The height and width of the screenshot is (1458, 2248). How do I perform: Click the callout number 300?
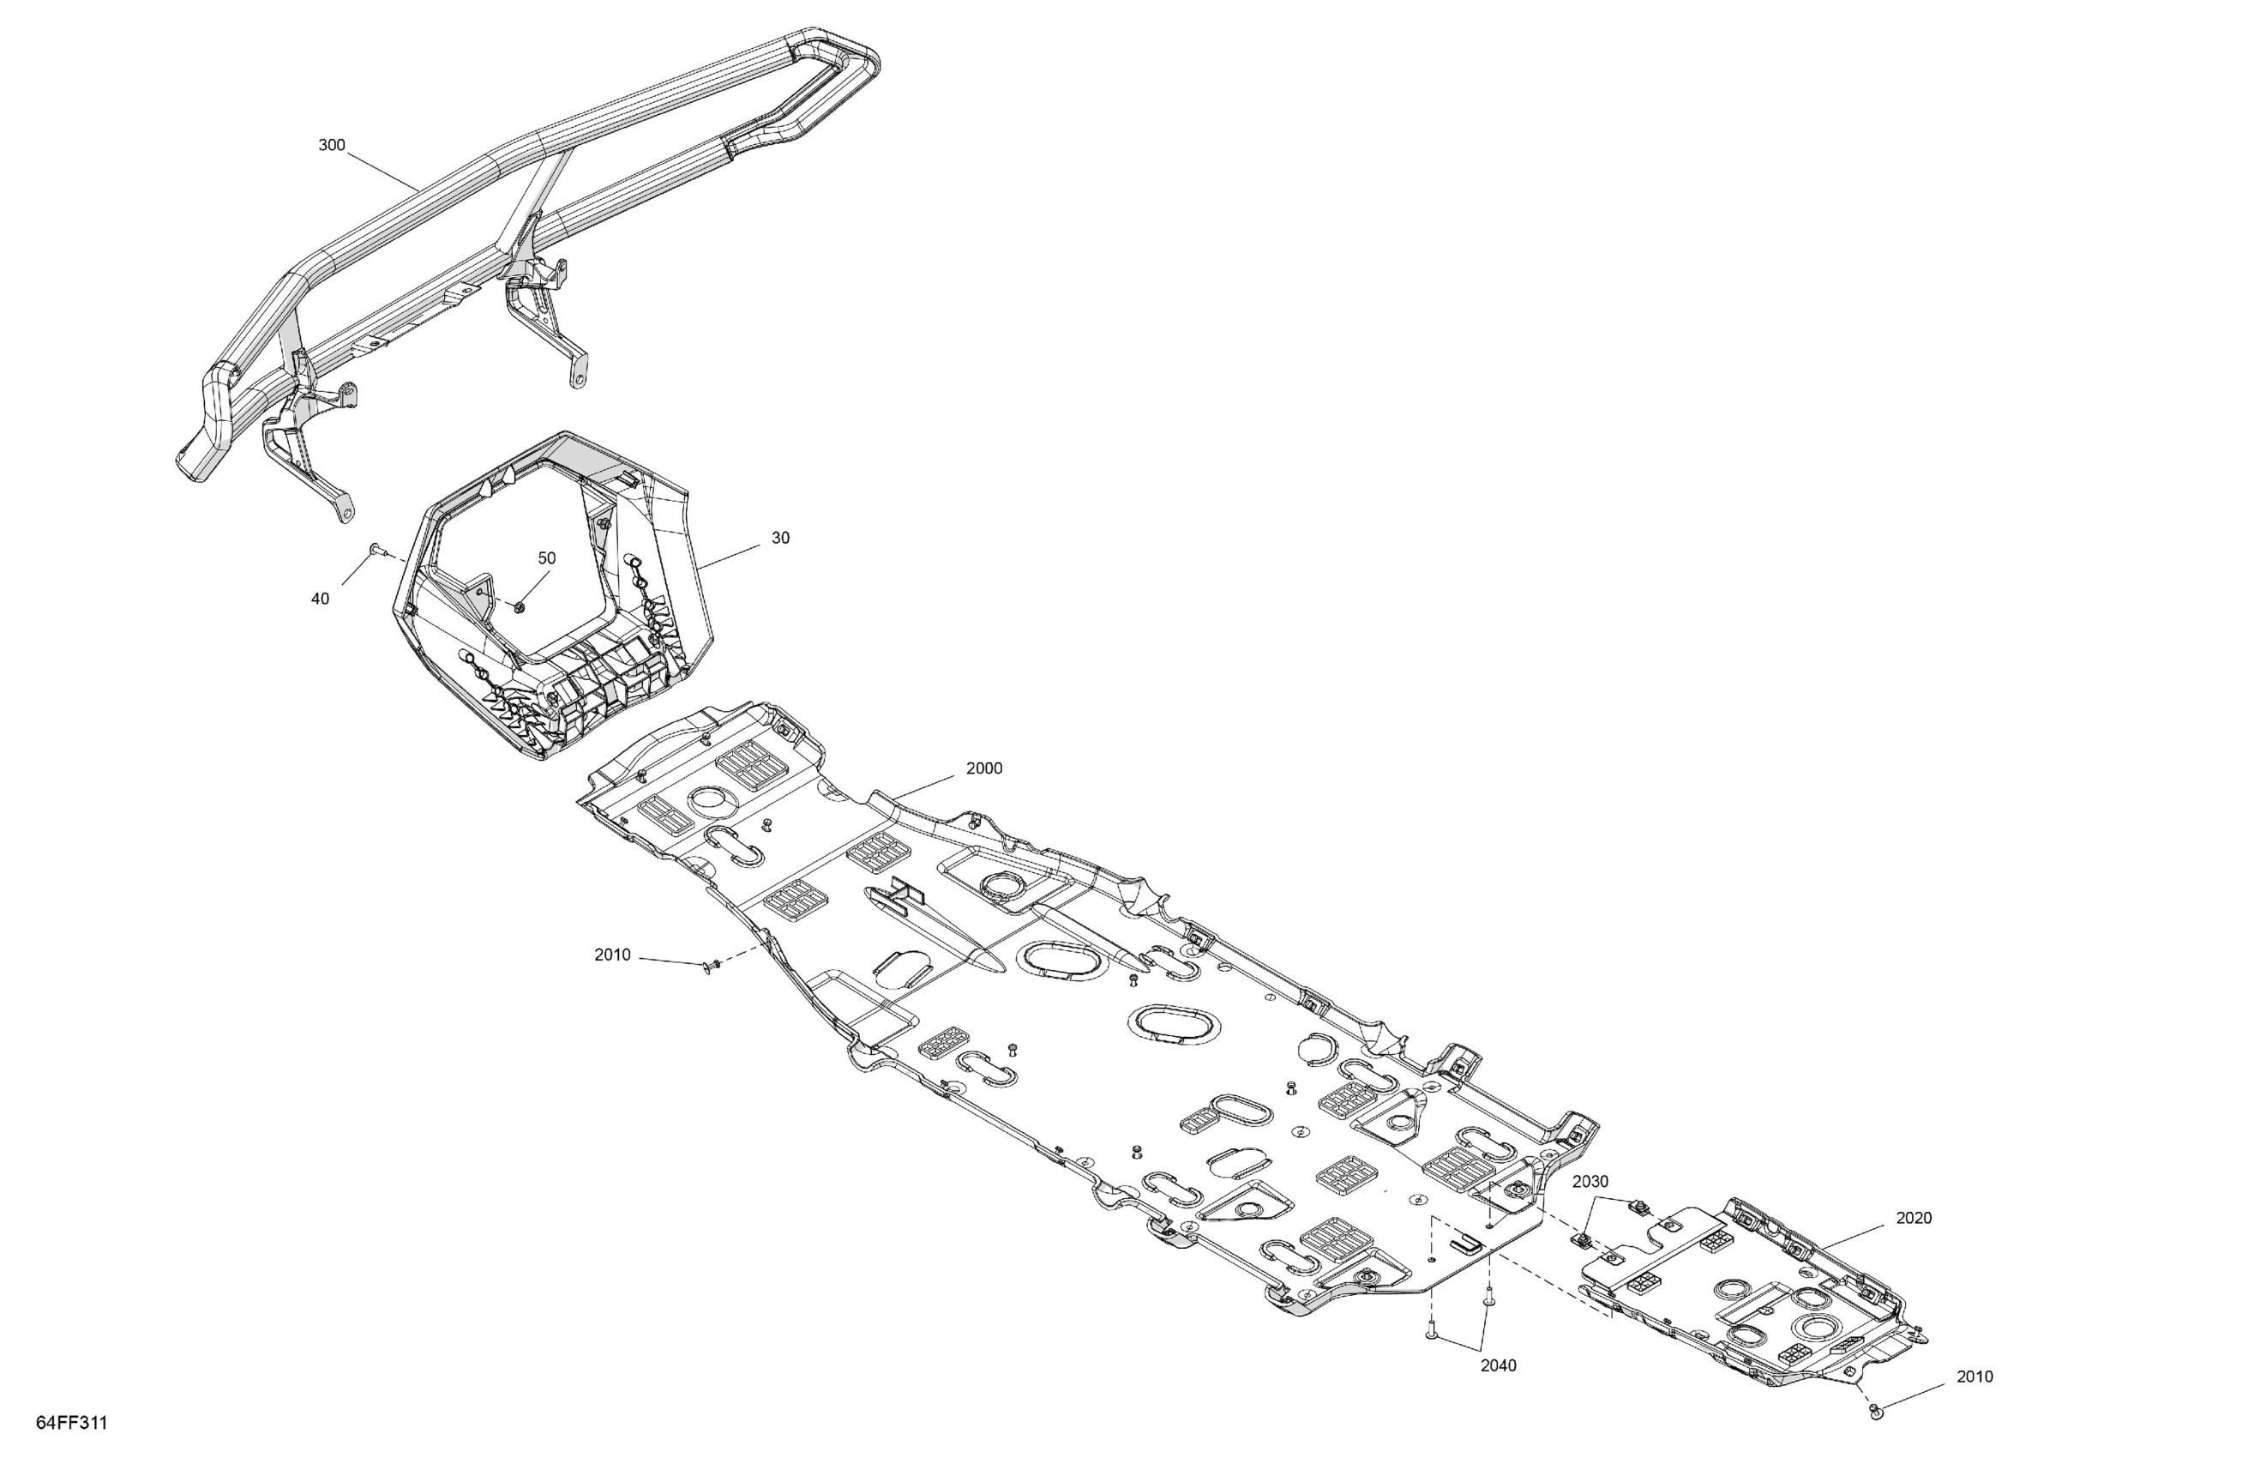332,146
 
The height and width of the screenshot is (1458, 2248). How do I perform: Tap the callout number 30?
780,538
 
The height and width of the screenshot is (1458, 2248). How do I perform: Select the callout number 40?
320,599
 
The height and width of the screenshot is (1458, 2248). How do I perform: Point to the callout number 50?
547,558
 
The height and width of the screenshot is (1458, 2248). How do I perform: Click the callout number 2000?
984,768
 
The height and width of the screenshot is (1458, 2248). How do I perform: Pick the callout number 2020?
1914,1218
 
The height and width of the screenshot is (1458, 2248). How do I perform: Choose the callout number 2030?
1590,1181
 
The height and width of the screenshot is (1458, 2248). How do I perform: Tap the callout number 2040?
1498,1365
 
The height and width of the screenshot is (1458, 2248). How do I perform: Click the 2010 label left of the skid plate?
612,955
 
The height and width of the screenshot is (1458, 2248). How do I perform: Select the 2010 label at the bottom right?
1975,1377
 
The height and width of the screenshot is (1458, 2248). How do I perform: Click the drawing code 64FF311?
72,1423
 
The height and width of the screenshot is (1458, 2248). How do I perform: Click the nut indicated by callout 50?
519,605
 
